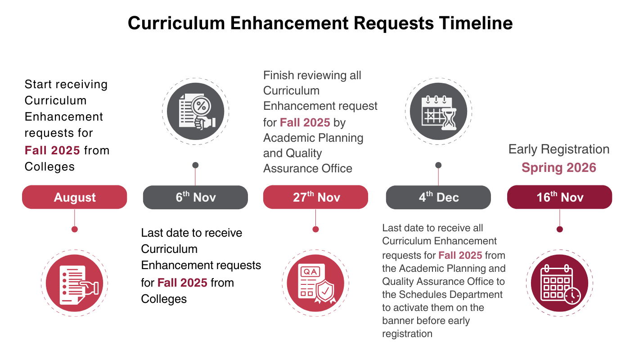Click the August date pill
point(75,197)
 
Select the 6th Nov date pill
point(195,197)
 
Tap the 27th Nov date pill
point(315,197)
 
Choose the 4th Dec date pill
point(438,197)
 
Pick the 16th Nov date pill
point(560,197)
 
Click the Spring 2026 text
point(559,168)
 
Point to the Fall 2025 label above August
point(52,150)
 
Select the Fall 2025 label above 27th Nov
point(305,122)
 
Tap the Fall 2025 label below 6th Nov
point(182,283)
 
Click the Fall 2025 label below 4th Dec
point(460,256)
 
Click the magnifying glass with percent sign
point(201,108)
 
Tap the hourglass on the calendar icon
point(449,119)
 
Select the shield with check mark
point(324,291)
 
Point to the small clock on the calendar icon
point(572,296)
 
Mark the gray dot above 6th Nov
point(195,165)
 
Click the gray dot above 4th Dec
point(438,165)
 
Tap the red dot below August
point(75,229)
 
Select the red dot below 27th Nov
point(315,229)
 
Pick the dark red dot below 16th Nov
point(560,229)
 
